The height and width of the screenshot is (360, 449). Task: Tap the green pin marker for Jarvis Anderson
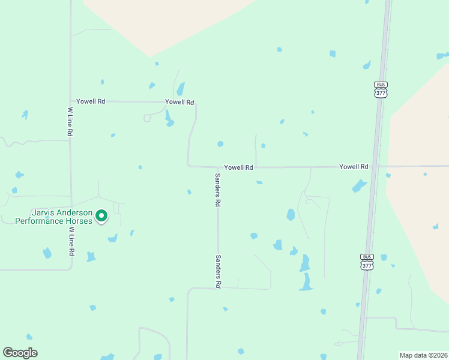tap(102, 215)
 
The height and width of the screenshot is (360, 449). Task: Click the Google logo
tap(20, 353)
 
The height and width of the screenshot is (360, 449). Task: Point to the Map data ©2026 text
tap(423, 355)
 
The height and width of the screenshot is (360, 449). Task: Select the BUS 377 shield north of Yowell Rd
tap(381, 89)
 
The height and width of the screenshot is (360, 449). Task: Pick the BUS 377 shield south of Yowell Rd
tap(367, 261)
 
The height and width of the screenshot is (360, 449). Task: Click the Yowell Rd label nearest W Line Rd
tap(91, 101)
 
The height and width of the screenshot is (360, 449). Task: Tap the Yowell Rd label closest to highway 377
tap(354, 166)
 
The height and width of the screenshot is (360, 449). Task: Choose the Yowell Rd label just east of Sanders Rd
tap(238, 167)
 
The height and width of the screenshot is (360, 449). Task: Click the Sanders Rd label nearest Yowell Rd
tap(218, 190)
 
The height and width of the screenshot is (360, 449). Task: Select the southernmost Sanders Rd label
tap(218, 271)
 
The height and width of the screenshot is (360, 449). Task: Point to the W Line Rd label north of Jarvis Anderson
tap(70, 122)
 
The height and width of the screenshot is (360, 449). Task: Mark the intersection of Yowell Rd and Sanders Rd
tap(218, 167)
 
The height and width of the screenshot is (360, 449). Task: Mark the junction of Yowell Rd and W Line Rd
tap(71, 101)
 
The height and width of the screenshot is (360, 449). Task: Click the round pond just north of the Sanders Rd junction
tap(220, 144)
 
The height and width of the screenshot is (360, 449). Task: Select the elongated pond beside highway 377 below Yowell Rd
tap(359, 186)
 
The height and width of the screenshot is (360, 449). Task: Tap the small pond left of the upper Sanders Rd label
tap(189, 192)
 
